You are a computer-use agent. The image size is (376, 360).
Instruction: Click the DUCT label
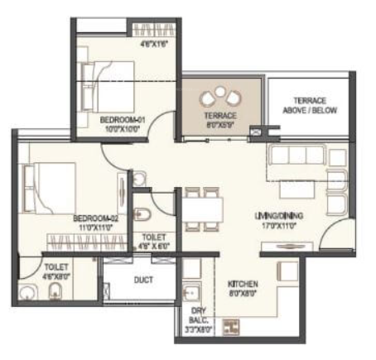pyautogui.click(x=143, y=280)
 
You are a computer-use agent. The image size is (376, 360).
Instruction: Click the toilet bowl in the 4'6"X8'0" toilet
pyautogui.click(x=55, y=290)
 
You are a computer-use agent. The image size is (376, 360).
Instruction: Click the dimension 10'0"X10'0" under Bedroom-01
pyautogui.click(x=123, y=129)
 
